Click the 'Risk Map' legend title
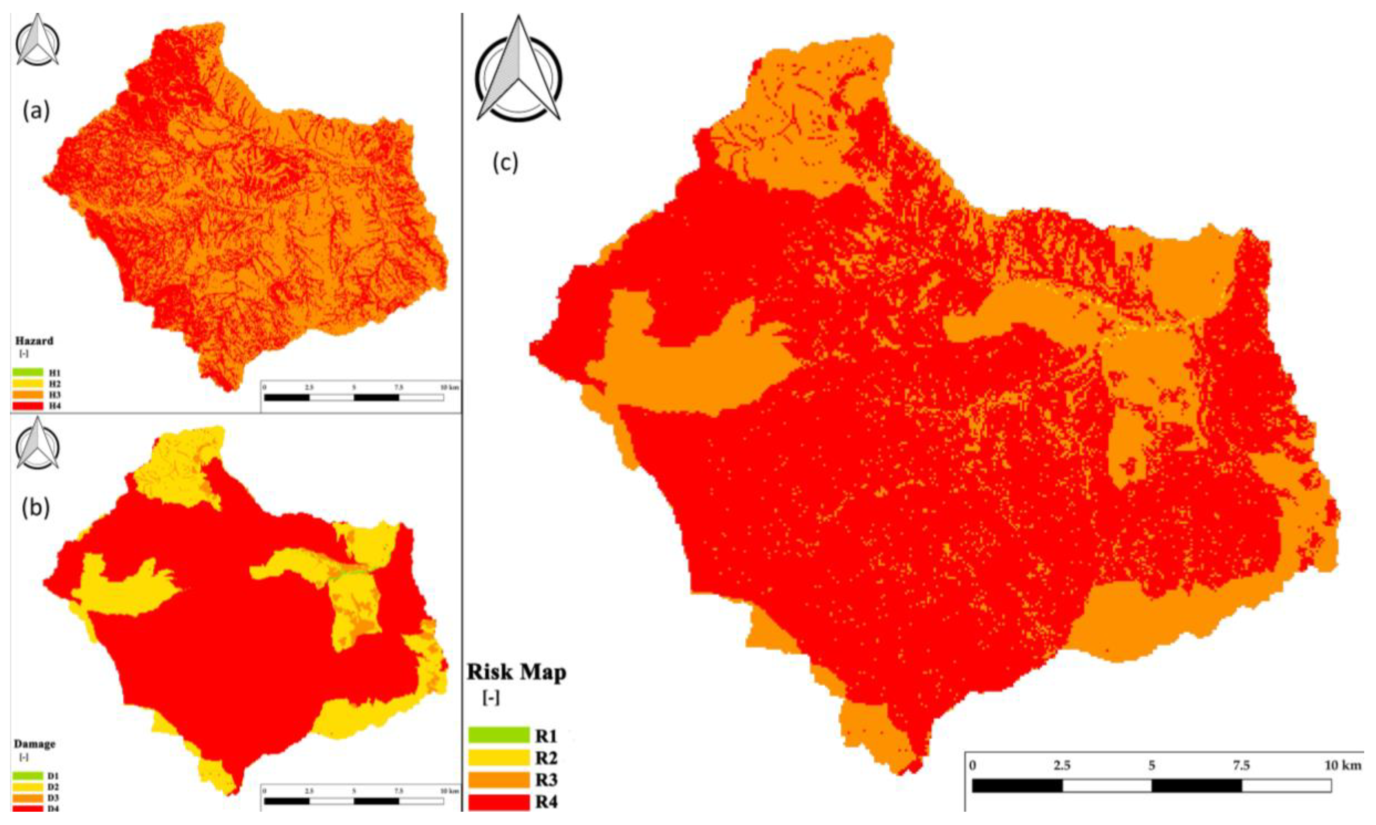[x=516, y=673]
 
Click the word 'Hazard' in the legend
[x=35, y=341]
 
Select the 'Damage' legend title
[x=35, y=744]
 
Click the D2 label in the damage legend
[x=54, y=787]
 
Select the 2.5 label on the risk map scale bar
[x=1062, y=766]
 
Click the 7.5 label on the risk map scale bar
[x=1241, y=766]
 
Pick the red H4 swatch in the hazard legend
[x=27, y=406]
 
